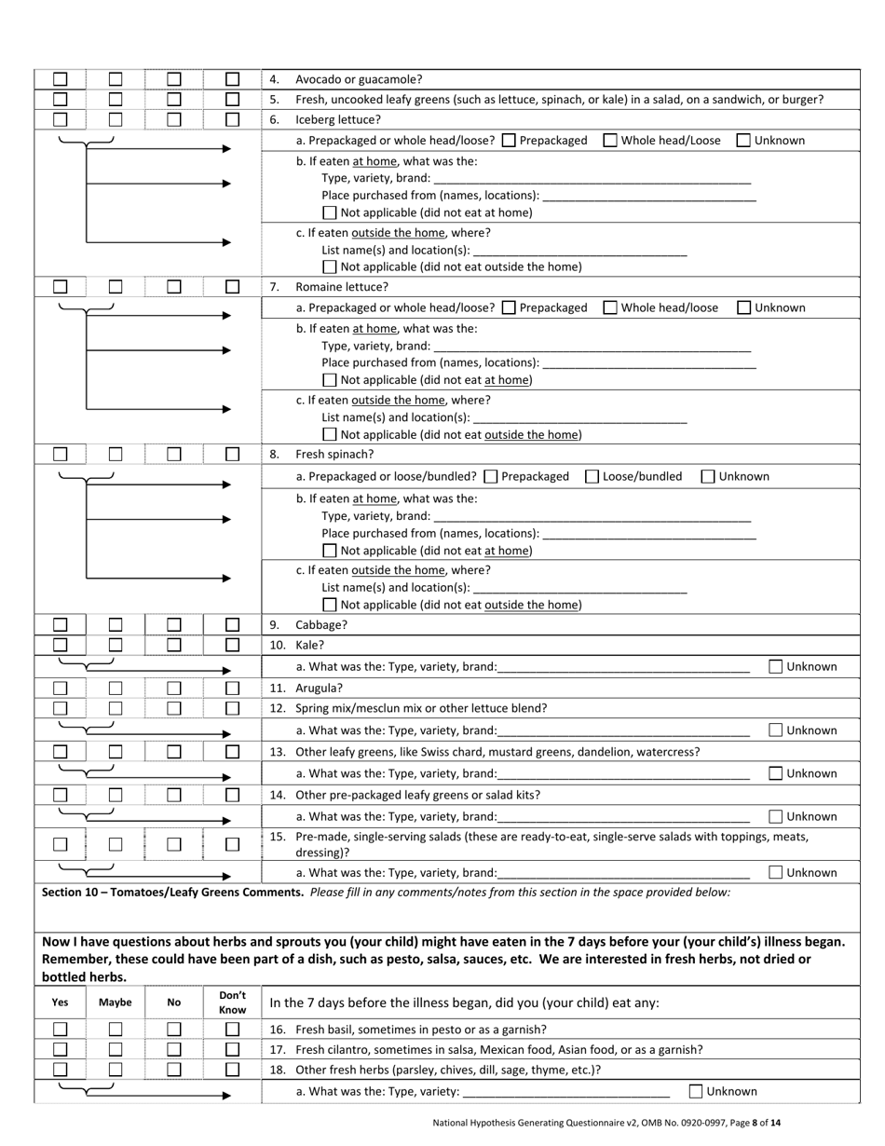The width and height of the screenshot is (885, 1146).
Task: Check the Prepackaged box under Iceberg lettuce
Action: [509, 141]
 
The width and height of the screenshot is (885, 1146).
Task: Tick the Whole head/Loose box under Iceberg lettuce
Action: [610, 141]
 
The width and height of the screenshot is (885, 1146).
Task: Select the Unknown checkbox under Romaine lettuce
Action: [743, 307]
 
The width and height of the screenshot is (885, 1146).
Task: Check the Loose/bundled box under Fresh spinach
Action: [592, 476]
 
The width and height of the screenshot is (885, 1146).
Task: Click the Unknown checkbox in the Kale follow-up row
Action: [776, 666]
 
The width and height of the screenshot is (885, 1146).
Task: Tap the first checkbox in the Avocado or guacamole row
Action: [61, 80]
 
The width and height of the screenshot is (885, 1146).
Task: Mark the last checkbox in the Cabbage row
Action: [232, 624]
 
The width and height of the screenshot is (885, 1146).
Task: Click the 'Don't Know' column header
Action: [232, 1003]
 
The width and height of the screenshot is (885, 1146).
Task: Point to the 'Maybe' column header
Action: [116, 1003]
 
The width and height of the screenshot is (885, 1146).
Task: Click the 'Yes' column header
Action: [61, 1003]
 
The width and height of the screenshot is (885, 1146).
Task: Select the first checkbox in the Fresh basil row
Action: [61, 1030]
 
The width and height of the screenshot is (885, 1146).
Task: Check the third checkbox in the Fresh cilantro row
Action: [174, 1049]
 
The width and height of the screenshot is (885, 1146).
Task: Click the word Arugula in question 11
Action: [319, 689]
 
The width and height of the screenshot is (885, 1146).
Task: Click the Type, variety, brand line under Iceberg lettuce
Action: [592, 178]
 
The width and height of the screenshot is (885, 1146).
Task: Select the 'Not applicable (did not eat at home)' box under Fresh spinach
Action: [329, 551]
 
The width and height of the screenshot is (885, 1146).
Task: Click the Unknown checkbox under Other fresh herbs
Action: [696, 1091]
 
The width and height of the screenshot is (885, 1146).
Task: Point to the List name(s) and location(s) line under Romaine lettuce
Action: [579, 417]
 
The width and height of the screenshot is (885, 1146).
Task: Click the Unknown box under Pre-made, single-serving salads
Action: [776, 873]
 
